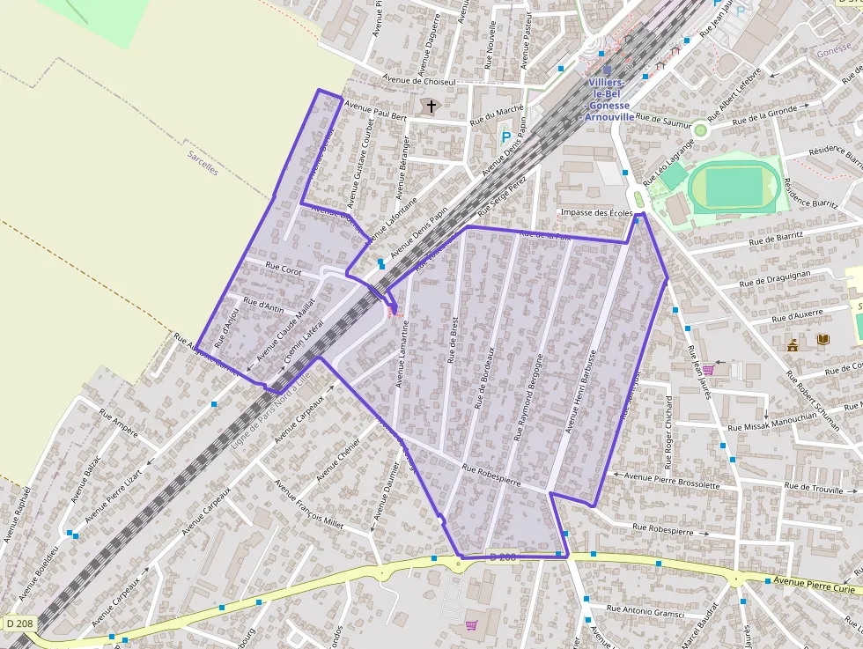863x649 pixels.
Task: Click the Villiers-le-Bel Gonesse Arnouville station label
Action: pyautogui.click(x=608, y=100)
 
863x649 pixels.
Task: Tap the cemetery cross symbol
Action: pyautogui.click(x=431, y=107)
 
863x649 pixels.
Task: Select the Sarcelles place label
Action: pyautogui.click(x=202, y=162)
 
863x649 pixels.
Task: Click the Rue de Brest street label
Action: pyautogui.click(x=454, y=340)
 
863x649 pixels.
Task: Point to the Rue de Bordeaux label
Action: pyautogui.click(x=486, y=376)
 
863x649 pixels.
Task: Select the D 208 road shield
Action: pyautogui.click(x=19, y=623)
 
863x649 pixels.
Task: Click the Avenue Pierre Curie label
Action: pyautogui.click(x=815, y=581)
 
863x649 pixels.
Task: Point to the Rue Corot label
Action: pyautogui.click(x=284, y=272)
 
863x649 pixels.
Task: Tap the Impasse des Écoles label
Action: pyautogui.click(x=596, y=213)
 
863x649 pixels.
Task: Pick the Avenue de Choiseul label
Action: pyautogui.click(x=419, y=81)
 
